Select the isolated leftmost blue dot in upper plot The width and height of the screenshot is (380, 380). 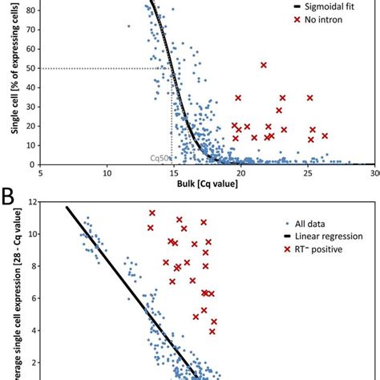point(129,26)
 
